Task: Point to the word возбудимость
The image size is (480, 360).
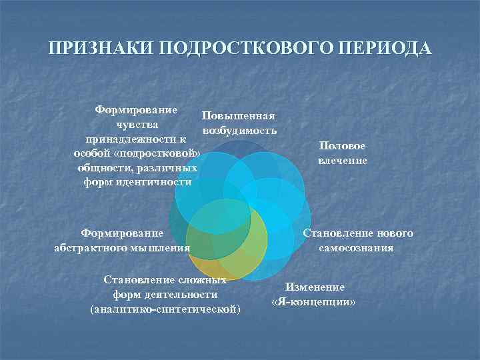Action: coord(231,130)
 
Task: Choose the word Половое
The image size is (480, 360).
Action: coord(342,146)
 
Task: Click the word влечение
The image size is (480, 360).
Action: coord(342,160)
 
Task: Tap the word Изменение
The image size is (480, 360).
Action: coord(315,287)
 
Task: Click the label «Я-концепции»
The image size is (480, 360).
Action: coord(314,301)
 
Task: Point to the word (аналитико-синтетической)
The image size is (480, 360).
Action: coord(165,309)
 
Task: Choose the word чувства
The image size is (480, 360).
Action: coord(118,124)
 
